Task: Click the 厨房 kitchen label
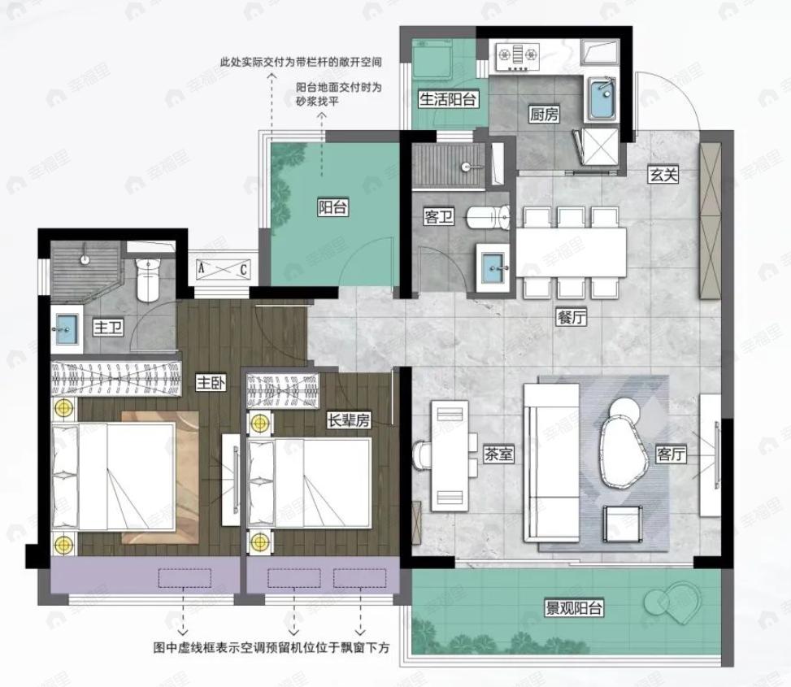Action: click(x=544, y=115)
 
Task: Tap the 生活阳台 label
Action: click(x=448, y=99)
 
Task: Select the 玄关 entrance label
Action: click(x=663, y=175)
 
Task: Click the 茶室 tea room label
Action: click(x=498, y=454)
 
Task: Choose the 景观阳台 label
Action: click(x=574, y=608)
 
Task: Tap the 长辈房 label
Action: click(x=349, y=420)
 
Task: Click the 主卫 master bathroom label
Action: click(x=108, y=328)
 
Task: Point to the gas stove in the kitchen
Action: click(x=517, y=55)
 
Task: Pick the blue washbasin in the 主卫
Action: click(x=66, y=329)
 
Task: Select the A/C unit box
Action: click(x=223, y=269)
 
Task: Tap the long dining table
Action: click(x=571, y=252)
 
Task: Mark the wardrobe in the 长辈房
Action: click(x=283, y=390)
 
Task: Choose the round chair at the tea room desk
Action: click(x=420, y=455)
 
